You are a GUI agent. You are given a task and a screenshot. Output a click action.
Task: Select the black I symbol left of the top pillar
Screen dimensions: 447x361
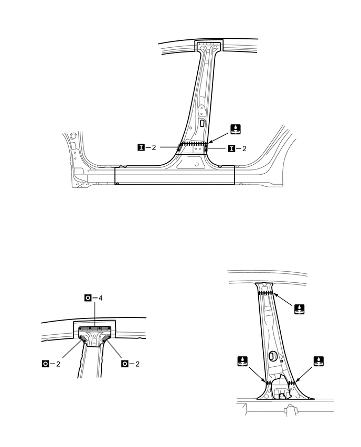(141, 148)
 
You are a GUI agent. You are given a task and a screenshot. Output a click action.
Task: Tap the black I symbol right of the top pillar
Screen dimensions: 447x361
(231, 148)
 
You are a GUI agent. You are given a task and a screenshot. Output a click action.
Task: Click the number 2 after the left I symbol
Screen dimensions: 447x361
(154, 148)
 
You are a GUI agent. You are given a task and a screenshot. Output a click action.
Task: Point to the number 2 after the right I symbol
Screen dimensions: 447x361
(243, 148)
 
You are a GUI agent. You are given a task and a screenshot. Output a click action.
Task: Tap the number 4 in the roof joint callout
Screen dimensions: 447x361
(101, 298)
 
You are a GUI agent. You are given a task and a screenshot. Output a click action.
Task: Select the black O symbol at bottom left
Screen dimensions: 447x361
(46, 363)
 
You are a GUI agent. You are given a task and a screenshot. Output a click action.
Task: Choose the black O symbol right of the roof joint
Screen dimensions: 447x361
(124, 363)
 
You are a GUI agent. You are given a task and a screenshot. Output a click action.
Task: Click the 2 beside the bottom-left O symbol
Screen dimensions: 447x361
(58, 363)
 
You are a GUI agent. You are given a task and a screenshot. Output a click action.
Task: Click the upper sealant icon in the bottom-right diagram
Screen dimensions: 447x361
(300, 310)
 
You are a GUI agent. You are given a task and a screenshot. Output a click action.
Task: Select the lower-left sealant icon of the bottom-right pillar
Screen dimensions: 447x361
(242, 361)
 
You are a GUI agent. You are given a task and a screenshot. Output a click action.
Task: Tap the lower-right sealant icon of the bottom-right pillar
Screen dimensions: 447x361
(318, 361)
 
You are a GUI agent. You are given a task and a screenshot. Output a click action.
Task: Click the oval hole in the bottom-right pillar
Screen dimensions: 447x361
(272, 356)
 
